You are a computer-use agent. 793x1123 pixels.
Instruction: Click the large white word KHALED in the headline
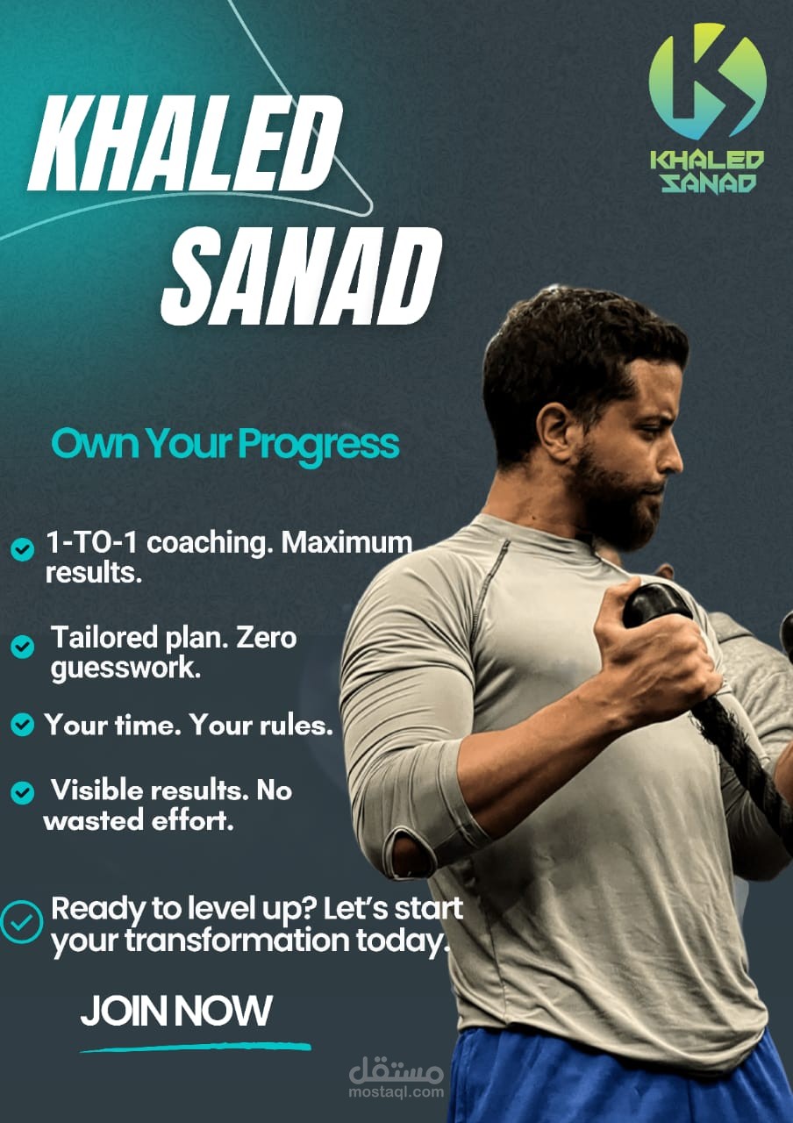coord(184,142)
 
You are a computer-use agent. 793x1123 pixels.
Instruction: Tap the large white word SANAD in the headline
coord(301,275)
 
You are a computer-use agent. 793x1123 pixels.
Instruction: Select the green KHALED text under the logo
coord(707,161)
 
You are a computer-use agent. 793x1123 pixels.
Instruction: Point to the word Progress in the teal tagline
coord(318,445)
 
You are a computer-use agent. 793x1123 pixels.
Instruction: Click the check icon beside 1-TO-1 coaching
coord(23,549)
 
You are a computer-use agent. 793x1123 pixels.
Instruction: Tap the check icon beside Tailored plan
coord(23,647)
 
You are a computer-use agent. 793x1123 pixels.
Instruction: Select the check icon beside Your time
coord(23,724)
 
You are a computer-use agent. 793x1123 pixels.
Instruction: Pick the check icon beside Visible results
coord(23,792)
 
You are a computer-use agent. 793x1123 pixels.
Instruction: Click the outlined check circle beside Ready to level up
coord(21,922)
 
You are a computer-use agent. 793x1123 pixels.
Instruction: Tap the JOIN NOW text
coord(176,1010)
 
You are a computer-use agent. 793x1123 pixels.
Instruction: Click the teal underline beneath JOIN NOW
coord(196,1047)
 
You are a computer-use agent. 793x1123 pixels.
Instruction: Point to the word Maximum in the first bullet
coord(346,542)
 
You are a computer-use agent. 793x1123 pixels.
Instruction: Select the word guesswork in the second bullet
coord(125,669)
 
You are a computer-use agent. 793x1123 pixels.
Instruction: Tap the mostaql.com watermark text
coord(396,1092)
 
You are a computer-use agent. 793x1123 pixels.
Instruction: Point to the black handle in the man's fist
coord(658,606)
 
